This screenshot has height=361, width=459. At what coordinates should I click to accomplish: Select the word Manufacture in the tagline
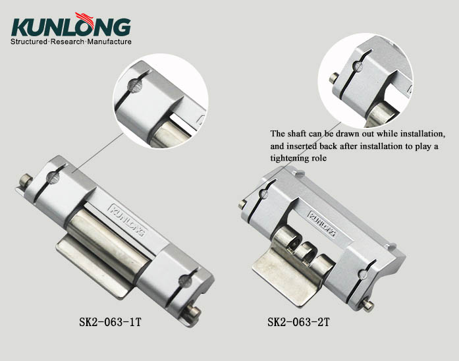pyautogui.click(x=109, y=42)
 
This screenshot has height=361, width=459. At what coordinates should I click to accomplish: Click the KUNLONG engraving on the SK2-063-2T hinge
pyautogui.click(x=319, y=223)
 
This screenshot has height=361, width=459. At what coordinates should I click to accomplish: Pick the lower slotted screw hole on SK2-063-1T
pyautogui.click(x=186, y=281)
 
